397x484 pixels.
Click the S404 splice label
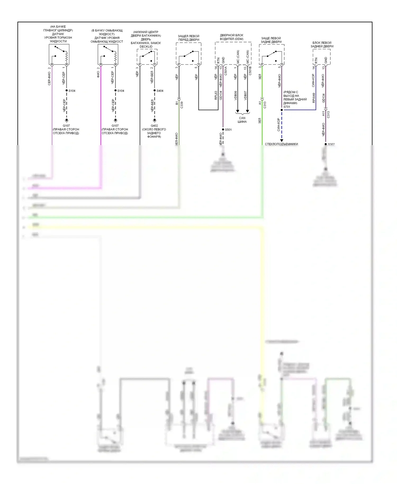[x=160, y=91]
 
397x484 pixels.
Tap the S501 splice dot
[x=223, y=129]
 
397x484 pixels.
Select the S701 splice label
[x=287, y=107]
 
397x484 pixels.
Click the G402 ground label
[x=154, y=126]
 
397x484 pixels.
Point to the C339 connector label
[x=182, y=105]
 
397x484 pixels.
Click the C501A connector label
[x=226, y=71]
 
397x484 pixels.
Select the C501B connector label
[x=250, y=71]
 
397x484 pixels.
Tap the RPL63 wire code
[x=216, y=95]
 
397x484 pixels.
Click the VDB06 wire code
[x=236, y=95]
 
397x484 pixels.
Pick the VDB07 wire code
[x=245, y=95]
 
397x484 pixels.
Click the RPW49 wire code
[x=314, y=98]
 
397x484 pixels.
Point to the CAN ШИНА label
[x=242, y=120]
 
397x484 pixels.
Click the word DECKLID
[x=146, y=47]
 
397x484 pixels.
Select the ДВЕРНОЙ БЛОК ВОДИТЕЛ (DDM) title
[x=232, y=37]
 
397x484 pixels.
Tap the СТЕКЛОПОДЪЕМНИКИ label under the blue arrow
[x=281, y=144]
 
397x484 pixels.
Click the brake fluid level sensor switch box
[x=59, y=54]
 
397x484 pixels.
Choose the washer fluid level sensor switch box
[x=108, y=54]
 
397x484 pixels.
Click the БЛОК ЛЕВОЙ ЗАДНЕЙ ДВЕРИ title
[x=322, y=44]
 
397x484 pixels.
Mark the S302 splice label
[x=331, y=144]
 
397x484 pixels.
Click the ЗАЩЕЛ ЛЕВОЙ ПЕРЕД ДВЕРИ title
[x=188, y=38]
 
